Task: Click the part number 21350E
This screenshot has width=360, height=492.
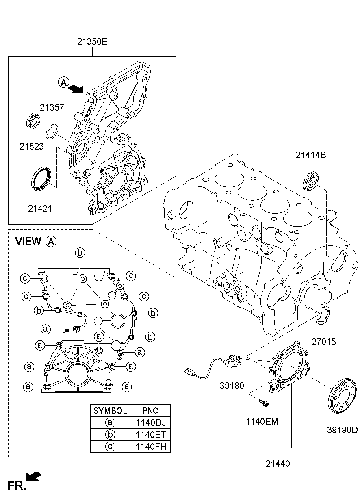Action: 92,41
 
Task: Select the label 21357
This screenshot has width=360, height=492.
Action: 52,107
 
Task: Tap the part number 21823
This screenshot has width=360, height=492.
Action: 32,146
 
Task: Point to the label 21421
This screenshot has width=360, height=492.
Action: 40,208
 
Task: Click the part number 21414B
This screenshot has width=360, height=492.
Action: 311,155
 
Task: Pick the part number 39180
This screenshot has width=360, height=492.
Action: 232,386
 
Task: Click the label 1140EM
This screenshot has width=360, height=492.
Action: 262,421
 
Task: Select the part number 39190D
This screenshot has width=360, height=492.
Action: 343,430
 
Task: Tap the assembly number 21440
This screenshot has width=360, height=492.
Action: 278,464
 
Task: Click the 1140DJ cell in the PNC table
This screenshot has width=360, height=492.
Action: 151,423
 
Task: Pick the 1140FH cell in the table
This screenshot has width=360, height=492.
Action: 151,446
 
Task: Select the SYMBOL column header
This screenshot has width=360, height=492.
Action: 110,410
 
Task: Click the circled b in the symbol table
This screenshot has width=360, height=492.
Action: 110,434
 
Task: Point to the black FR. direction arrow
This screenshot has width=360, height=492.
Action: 34,476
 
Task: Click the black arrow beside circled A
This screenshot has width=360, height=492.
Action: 76,89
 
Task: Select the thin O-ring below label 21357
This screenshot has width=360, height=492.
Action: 52,131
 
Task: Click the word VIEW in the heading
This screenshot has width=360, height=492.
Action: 28,241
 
